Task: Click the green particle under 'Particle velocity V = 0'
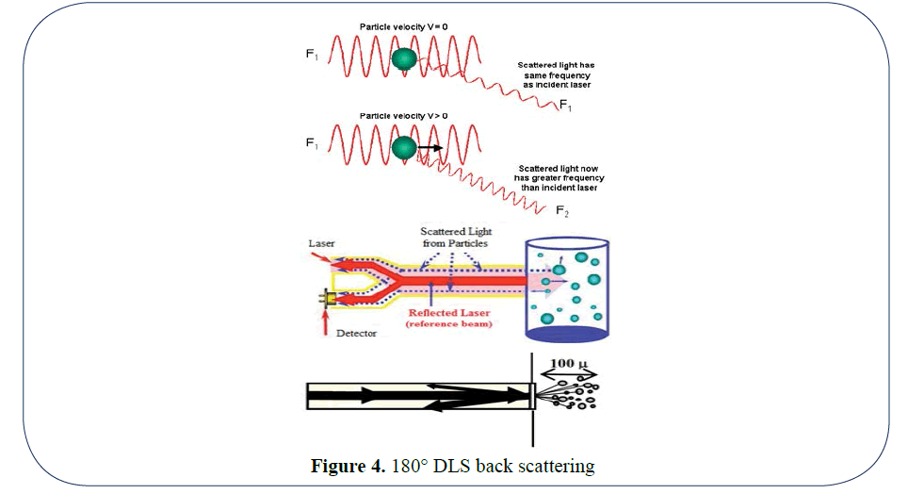[405, 60]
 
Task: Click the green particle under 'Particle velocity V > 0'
[404, 147]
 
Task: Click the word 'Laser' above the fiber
[321, 242]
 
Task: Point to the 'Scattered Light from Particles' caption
[456, 238]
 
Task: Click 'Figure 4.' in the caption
[349, 466]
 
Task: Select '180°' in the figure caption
[406, 466]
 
